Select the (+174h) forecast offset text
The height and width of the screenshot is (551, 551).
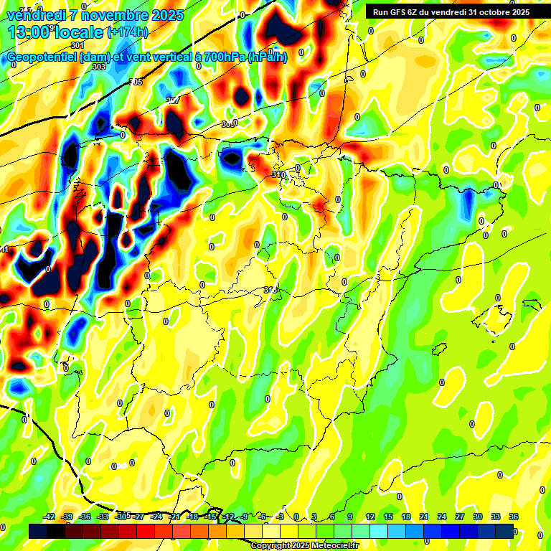click(128, 32)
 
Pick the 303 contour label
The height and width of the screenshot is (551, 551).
click(99, 67)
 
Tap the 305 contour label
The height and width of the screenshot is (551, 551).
click(136, 83)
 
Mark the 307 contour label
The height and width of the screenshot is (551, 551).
click(173, 100)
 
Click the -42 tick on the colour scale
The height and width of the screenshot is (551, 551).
click(49, 517)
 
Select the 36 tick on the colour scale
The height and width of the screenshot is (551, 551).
click(514, 517)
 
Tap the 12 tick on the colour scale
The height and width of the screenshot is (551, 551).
click(369, 517)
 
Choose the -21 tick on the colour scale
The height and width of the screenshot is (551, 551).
click(174, 517)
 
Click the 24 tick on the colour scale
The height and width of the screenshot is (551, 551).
click(441, 517)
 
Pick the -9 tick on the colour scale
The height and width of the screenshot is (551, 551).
click(244, 517)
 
